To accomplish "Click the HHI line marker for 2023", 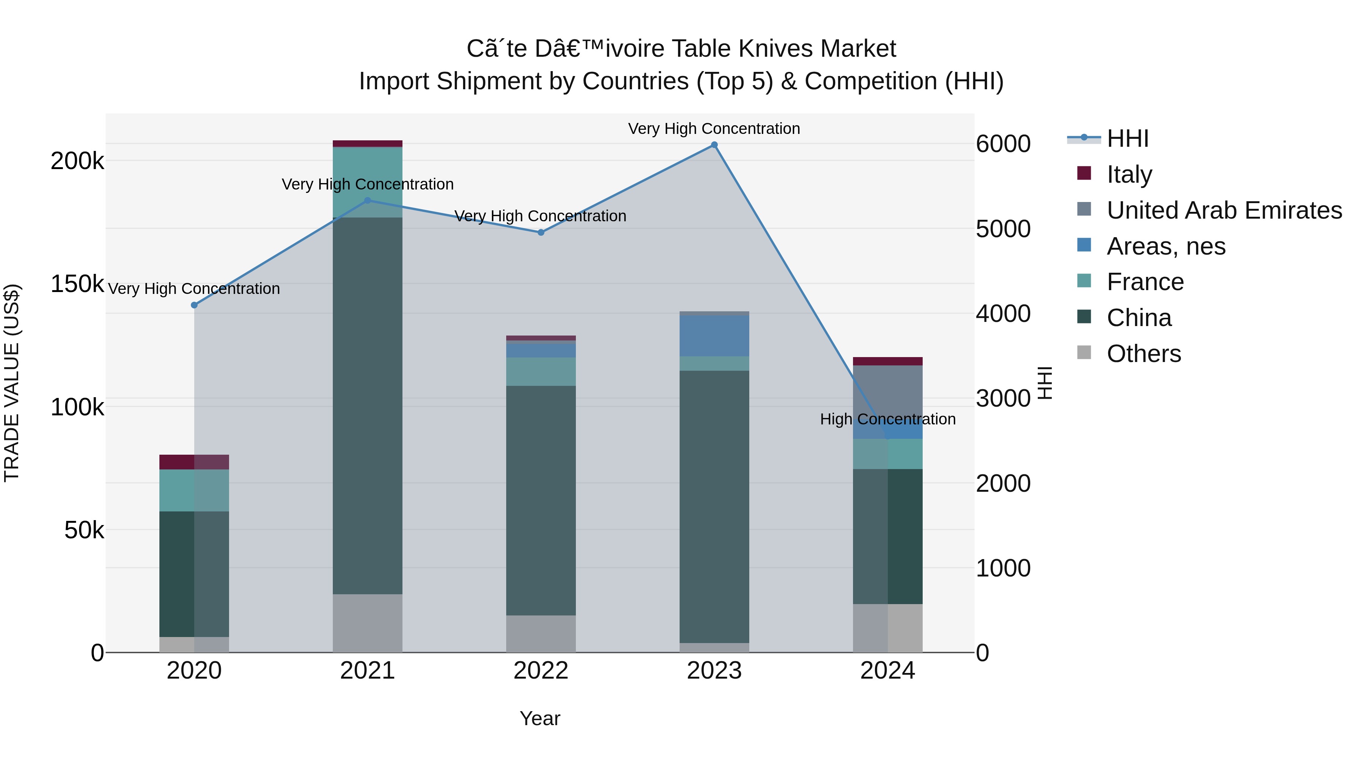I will (x=714, y=145).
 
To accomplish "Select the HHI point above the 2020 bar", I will (x=194, y=305).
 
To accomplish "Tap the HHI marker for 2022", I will (x=541, y=232).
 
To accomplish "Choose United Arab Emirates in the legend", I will (x=1224, y=210).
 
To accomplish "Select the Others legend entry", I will (x=1143, y=354).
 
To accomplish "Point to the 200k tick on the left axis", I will (x=77, y=161).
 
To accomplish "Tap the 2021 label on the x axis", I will (x=367, y=671).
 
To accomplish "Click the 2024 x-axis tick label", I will (x=887, y=671).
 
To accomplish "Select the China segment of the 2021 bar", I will (x=367, y=406).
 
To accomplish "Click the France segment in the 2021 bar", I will (x=367, y=182).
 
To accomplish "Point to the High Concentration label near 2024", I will (x=887, y=419).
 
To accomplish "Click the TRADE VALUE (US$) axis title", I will (x=12, y=383).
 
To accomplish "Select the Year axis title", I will (x=540, y=718).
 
